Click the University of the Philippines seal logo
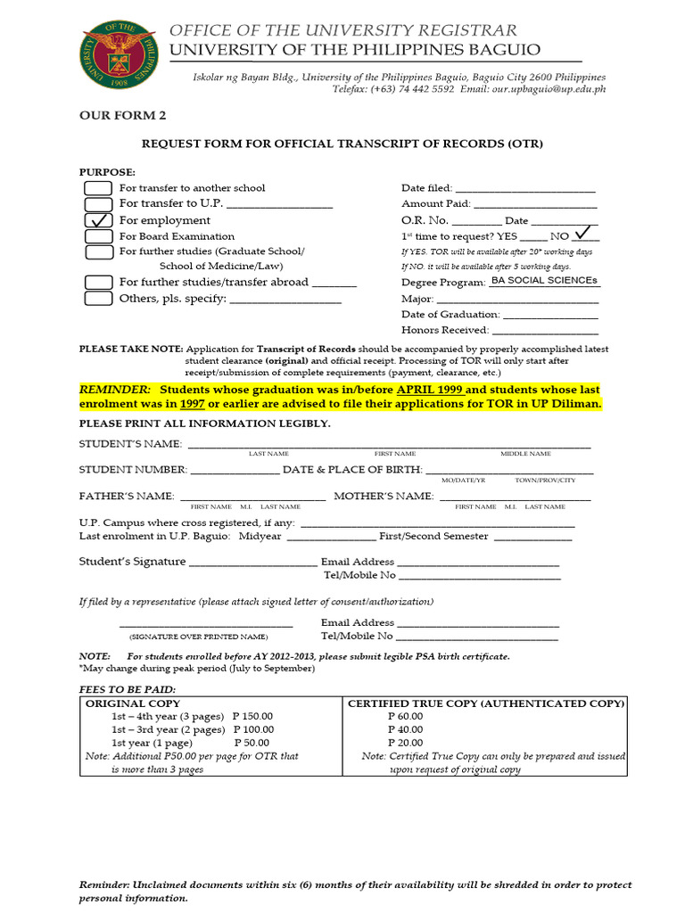120,54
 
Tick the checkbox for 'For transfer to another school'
98,188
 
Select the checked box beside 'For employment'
98,220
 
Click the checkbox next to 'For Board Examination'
98,236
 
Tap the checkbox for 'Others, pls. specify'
98,299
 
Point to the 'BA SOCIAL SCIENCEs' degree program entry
544,281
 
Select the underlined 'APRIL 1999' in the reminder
430,391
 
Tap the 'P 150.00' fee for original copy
252,716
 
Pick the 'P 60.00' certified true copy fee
405,716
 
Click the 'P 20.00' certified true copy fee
405,743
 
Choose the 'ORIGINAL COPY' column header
132,703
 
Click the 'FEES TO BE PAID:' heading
128,690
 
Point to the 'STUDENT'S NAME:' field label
130,444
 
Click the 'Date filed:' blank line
525,189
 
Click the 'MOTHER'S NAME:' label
384,496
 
